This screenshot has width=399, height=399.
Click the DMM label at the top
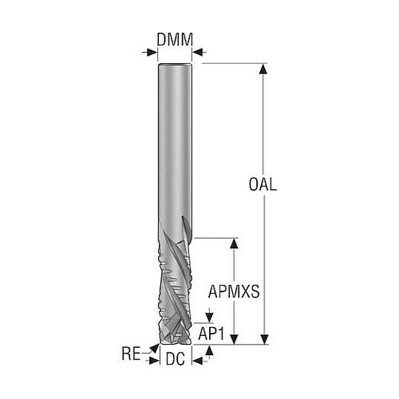pos(175,40)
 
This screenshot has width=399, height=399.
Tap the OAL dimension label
pos(263,184)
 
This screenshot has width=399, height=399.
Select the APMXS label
pos(234,291)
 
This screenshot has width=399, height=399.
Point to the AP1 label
pos(211,334)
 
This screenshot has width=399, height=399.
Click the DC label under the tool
pos(176,359)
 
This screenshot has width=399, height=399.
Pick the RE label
pos(131,354)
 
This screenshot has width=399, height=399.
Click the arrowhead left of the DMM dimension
pos(152,52)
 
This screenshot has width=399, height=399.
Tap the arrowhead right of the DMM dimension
pos(197,52)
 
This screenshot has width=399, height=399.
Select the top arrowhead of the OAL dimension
pos(263,69)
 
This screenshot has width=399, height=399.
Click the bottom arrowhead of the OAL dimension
pos(263,339)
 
